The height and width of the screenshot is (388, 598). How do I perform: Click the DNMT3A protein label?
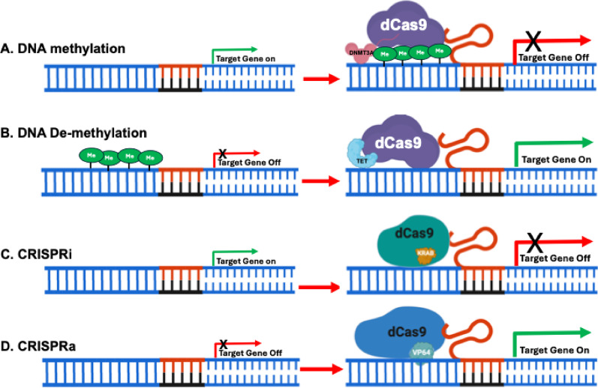[361, 53]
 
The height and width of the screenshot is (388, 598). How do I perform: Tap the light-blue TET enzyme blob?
[361, 154]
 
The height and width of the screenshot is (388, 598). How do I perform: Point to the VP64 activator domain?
[422, 353]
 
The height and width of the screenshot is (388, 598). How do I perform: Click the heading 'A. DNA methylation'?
[63, 49]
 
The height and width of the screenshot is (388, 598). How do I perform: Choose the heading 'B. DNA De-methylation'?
[74, 133]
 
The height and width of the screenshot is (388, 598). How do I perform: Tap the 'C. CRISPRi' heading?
[36, 254]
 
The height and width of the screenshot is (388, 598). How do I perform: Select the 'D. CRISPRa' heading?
[38, 346]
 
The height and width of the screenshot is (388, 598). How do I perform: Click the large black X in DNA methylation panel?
[533, 41]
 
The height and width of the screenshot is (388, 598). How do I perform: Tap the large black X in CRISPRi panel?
[535, 243]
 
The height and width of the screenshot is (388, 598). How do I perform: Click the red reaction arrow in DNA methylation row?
[321, 79]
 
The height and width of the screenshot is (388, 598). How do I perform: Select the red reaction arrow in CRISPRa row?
[321, 369]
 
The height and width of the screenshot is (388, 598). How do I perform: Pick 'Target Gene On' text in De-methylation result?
[557, 160]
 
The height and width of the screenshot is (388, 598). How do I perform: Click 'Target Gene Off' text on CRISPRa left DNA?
[250, 354]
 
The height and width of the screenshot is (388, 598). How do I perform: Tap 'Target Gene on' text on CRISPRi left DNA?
[246, 261]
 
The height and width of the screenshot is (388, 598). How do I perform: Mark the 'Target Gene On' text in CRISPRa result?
[554, 351]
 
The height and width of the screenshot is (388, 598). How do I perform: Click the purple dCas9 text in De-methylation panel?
[398, 143]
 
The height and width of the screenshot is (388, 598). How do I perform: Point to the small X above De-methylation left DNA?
[222, 154]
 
